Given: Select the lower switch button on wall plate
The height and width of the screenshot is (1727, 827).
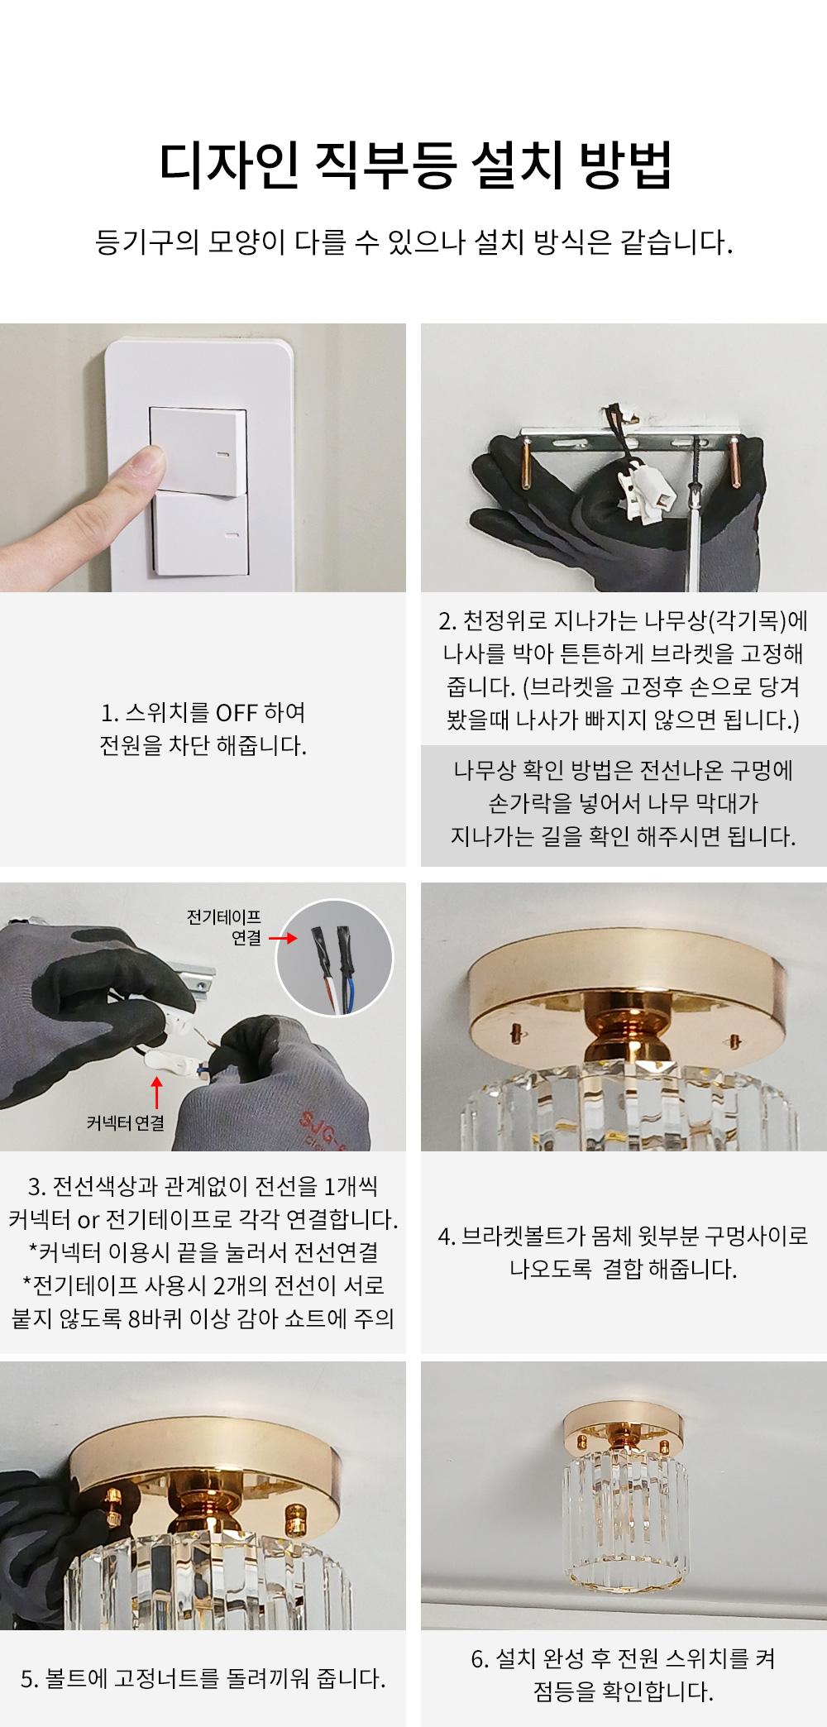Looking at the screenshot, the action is [200, 534].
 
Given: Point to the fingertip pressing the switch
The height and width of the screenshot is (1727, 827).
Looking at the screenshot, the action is [149, 463].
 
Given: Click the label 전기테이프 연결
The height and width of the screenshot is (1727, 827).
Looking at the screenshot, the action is [224, 927].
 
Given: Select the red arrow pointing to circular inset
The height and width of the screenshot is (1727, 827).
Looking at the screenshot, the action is [283, 938].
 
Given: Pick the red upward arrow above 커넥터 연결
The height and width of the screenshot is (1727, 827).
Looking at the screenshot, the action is [156, 1093].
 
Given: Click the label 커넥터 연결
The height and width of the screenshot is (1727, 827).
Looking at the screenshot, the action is [126, 1122].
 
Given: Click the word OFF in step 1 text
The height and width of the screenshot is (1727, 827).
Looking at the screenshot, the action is [237, 712].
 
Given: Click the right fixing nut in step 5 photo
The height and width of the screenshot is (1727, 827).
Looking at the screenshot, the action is [295, 1518].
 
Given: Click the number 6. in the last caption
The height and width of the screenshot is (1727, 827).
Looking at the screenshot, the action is [480, 1658].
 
